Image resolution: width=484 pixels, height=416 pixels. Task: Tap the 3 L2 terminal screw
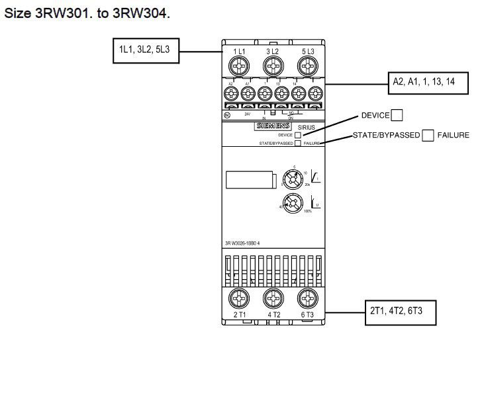pos(271,66)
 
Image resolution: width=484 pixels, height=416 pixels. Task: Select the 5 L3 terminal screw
pos(307,66)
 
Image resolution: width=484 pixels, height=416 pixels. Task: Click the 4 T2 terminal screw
pos(271,297)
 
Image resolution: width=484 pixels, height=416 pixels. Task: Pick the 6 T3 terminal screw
pos(307,297)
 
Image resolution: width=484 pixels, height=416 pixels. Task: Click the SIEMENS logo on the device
pos(271,126)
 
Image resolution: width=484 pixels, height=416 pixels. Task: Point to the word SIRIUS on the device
pos(307,126)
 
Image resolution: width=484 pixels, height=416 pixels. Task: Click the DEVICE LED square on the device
pos(298,134)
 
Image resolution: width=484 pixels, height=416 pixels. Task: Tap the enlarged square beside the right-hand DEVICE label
pos(397,116)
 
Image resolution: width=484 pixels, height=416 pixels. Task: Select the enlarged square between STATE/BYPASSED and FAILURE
pos(428,136)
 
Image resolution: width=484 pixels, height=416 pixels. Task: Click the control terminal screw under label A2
pos(231,93)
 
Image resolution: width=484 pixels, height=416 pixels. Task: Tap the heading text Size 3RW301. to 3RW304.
pos(87,13)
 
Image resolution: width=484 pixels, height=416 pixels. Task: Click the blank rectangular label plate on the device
pos(248,181)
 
